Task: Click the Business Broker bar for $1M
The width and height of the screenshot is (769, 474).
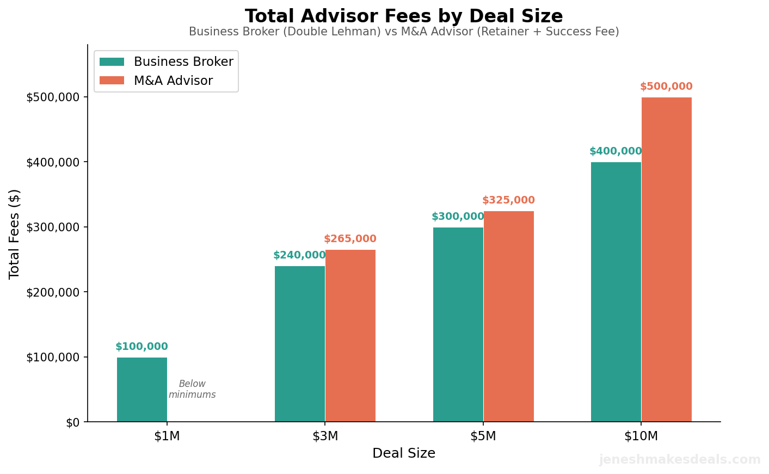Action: coord(142,390)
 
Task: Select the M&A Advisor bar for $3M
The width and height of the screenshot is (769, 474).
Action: coord(350,336)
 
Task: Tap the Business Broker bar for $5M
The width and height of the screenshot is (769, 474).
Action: coord(458,324)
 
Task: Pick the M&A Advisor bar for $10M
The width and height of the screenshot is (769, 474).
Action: coord(666,260)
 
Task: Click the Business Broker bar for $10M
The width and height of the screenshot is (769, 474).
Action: coord(616,292)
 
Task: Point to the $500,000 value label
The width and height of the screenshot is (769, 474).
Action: coord(666,87)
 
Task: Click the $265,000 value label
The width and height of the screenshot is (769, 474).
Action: coord(350,239)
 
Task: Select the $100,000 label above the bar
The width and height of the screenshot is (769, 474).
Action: coord(142,347)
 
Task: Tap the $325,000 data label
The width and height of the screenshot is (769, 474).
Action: coord(508,200)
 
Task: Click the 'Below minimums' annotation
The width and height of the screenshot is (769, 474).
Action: coord(192,390)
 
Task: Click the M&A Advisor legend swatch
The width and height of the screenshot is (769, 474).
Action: coord(112,81)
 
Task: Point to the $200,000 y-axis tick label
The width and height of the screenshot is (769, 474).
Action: coord(53,292)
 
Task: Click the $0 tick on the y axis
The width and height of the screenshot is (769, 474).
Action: coord(73,422)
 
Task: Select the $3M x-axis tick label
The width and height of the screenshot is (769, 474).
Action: coord(325,436)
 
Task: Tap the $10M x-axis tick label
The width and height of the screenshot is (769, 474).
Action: coord(641,436)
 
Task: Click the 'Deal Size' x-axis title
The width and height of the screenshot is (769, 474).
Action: coord(404,453)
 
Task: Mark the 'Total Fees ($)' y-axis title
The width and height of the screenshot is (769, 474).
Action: coord(15,234)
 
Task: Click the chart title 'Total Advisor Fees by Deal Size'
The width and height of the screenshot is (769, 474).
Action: coord(404,16)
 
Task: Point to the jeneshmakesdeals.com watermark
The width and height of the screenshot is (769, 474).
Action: coord(680,460)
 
